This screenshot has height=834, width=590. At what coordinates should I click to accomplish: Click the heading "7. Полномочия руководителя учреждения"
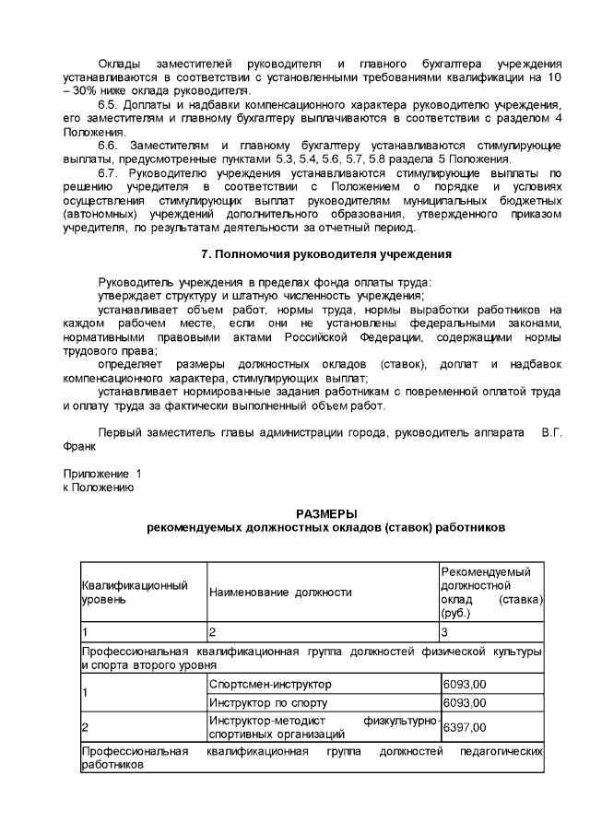tap(326, 253)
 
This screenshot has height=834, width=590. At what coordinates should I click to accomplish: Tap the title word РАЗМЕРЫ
tap(326, 513)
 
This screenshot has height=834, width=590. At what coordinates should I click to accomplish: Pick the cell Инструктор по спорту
tap(260, 703)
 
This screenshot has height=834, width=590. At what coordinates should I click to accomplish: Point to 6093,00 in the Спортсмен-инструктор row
tap(465, 685)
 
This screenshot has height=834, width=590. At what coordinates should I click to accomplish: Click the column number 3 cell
tap(444, 632)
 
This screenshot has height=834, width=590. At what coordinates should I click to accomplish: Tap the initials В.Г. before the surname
tap(552, 434)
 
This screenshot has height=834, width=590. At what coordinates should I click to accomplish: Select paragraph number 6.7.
tap(109, 172)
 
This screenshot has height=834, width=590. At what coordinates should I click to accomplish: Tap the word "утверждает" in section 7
tap(129, 295)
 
